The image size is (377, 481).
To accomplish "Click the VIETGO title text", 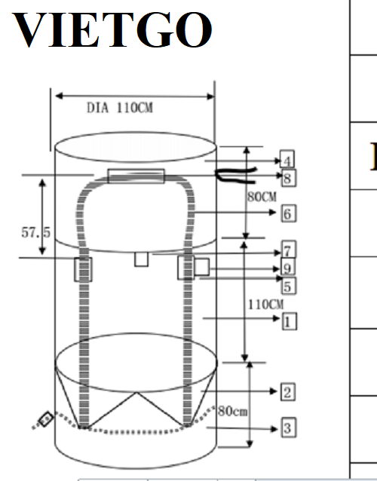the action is [112, 29].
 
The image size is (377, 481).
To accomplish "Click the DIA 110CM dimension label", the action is [120, 108].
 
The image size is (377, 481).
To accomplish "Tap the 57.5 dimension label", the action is [36, 232].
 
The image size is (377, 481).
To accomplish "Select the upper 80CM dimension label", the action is [262, 197].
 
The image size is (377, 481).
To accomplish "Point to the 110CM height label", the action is [265, 305].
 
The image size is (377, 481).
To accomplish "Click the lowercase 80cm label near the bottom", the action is [233, 411].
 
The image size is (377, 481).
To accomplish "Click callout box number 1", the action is [290, 321].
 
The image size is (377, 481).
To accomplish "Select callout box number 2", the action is [288, 392].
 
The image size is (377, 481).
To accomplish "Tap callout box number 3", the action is [289, 427].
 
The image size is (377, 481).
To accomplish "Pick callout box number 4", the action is [287, 160].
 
